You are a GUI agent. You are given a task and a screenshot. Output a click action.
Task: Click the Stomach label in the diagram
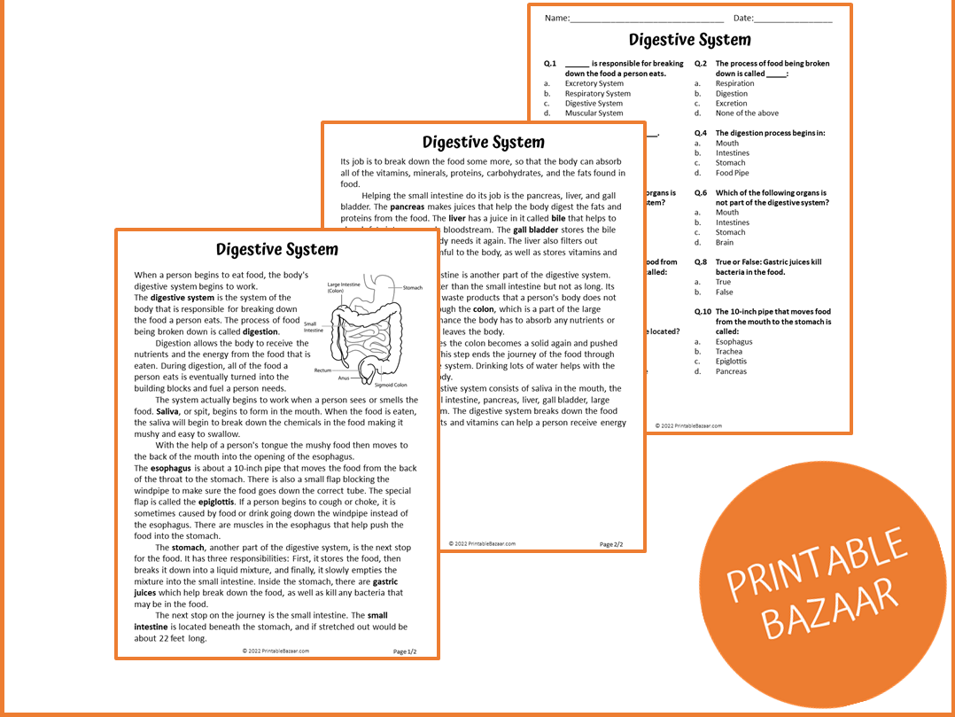click(x=413, y=288)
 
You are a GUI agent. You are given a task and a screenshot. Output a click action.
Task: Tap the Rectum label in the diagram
click(x=322, y=370)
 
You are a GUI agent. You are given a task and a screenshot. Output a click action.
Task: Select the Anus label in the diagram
click(x=343, y=378)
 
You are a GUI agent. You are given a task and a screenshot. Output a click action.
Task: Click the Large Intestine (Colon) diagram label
click(x=344, y=288)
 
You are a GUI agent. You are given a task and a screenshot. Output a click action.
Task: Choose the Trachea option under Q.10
click(x=729, y=352)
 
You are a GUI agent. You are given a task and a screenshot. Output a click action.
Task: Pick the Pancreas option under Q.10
click(x=731, y=371)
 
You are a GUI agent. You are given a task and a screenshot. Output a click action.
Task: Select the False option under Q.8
click(x=724, y=292)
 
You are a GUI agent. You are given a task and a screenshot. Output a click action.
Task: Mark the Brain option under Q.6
click(x=724, y=242)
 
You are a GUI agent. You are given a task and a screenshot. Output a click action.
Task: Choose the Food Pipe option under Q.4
click(x=732, y=173)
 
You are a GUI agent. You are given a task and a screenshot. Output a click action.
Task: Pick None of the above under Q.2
click(x=747, y=113)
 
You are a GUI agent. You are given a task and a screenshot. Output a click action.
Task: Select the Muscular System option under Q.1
click(x=594, y=113)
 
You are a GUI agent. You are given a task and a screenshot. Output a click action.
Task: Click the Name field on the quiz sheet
click(x=646, y=19)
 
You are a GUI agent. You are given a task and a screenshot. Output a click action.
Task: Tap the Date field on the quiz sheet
click(x=792, y=19)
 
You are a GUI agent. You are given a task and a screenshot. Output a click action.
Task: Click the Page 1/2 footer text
click(x=405, y=651)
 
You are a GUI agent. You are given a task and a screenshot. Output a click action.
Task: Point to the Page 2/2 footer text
click(x=611, y=544)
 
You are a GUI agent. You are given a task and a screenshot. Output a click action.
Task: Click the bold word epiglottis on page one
click(x=215, y=503)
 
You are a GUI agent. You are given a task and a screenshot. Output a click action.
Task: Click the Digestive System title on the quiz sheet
click(x=689, y=40)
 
